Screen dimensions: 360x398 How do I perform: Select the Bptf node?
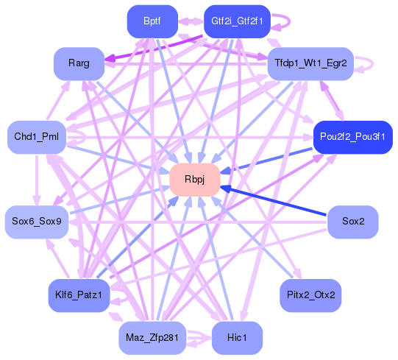click(x=152, y=21)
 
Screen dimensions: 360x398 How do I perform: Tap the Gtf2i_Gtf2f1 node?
click(x=232, y=21)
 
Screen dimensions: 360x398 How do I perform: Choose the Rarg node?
click(x=79, y=63)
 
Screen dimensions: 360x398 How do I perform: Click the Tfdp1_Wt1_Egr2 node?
click(x=310, y=63)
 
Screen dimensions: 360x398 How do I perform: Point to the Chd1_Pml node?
click(x=36, y=137)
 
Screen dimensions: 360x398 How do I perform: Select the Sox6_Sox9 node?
click(x=36, y=221)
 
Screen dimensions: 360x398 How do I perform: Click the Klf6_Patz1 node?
click(x=79, y=295)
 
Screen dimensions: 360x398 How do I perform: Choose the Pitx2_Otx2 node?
click(x=310, y=295)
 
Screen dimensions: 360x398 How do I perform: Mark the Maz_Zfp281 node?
click(x=152, y=337)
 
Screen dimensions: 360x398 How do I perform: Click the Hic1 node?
click(x=236, y=337)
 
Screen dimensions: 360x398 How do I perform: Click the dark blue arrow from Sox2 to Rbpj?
click(x=280, y=202)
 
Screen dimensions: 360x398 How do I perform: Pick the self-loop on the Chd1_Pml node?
click(x=74, y=137)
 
